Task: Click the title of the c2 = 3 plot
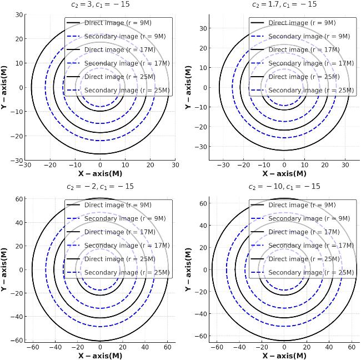[100, 4]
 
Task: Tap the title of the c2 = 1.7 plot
[284, 4]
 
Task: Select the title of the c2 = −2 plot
[100, 187]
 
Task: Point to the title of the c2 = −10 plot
[284, 187]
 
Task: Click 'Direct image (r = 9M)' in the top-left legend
[118, 23]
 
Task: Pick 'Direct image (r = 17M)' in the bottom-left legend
[118, 232]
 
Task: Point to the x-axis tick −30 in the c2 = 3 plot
[25, 165]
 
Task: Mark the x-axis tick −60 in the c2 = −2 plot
[33, 347]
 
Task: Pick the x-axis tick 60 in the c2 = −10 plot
[352, 347]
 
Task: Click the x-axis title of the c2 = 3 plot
[100, 173]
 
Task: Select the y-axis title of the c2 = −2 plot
[4, 269]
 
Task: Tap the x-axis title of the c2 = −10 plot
[284, 356]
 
